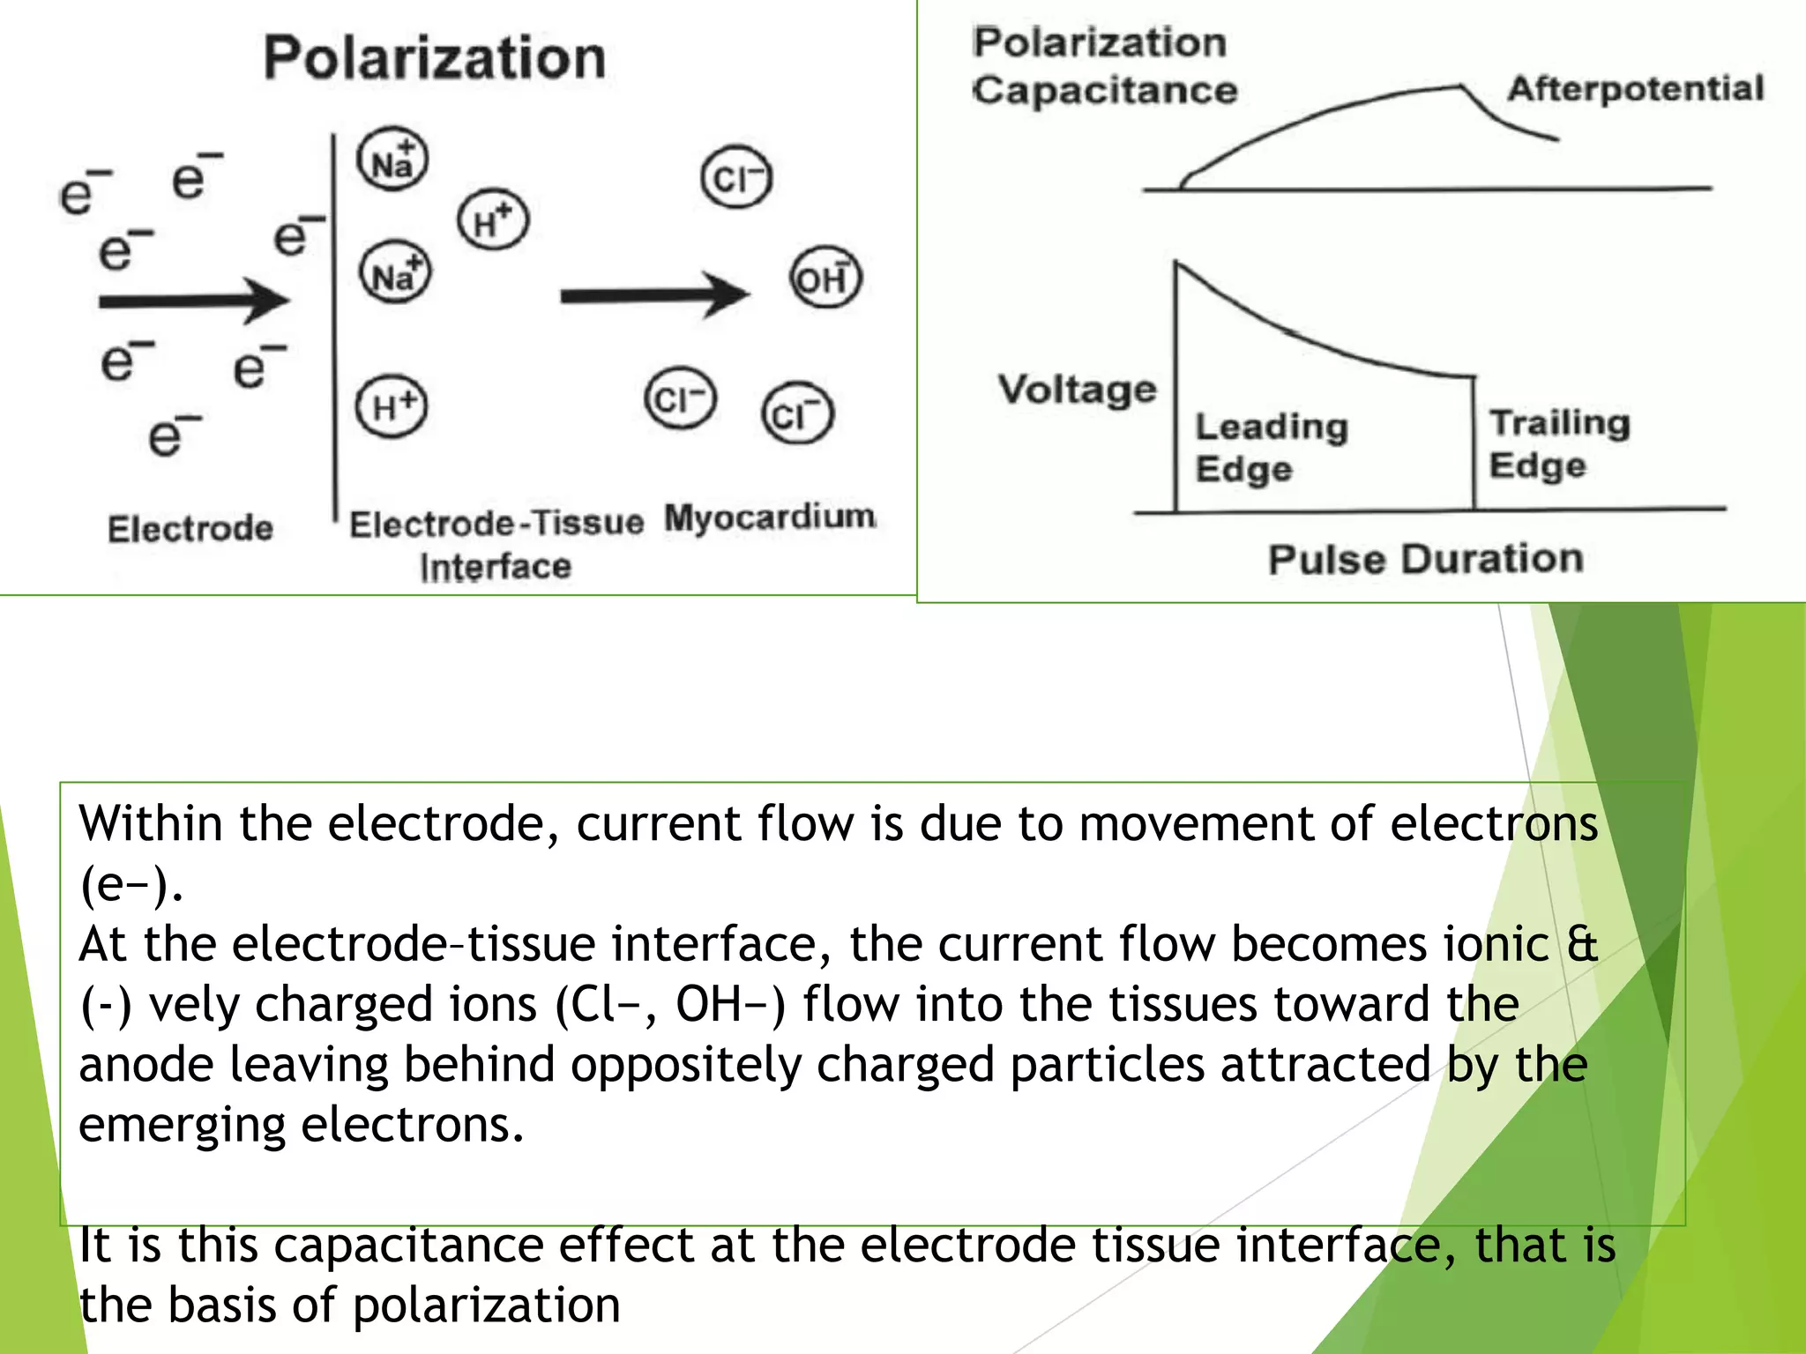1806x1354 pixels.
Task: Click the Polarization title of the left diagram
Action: [435, 58]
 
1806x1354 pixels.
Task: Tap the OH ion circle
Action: [825, 278]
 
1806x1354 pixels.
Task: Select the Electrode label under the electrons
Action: [190, 528]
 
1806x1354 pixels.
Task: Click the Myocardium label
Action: [769, 517]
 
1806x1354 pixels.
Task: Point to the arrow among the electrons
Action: [194, 301]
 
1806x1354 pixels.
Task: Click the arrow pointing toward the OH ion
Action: [654, 294]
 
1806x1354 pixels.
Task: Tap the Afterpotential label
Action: [1635, 88]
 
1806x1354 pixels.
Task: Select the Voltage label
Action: [1077, 389]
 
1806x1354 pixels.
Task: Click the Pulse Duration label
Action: [1425, 559]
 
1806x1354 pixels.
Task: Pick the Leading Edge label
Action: [1270, 447]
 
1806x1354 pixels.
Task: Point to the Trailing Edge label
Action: [1558, 443]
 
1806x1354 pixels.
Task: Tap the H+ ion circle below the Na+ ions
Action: [392, 406]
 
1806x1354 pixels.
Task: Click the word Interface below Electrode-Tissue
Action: [496, 567]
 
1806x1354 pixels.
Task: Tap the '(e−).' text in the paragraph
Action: [131, 884]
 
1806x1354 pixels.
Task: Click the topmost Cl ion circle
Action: [735, 178]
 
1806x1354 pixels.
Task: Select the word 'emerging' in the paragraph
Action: [183, 1126]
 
